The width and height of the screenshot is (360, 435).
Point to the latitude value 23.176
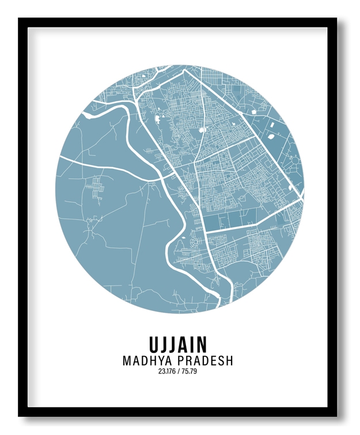pos(167,372)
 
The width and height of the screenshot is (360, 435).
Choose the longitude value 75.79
pos(190,372)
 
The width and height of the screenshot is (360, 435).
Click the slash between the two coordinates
pos(179,372)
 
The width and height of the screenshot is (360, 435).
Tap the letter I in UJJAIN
pos(187,344)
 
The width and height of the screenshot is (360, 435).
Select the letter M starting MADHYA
pos(127,361)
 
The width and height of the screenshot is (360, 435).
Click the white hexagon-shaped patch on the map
pos(202,130)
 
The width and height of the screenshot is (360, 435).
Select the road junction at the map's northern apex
pos(184,71)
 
